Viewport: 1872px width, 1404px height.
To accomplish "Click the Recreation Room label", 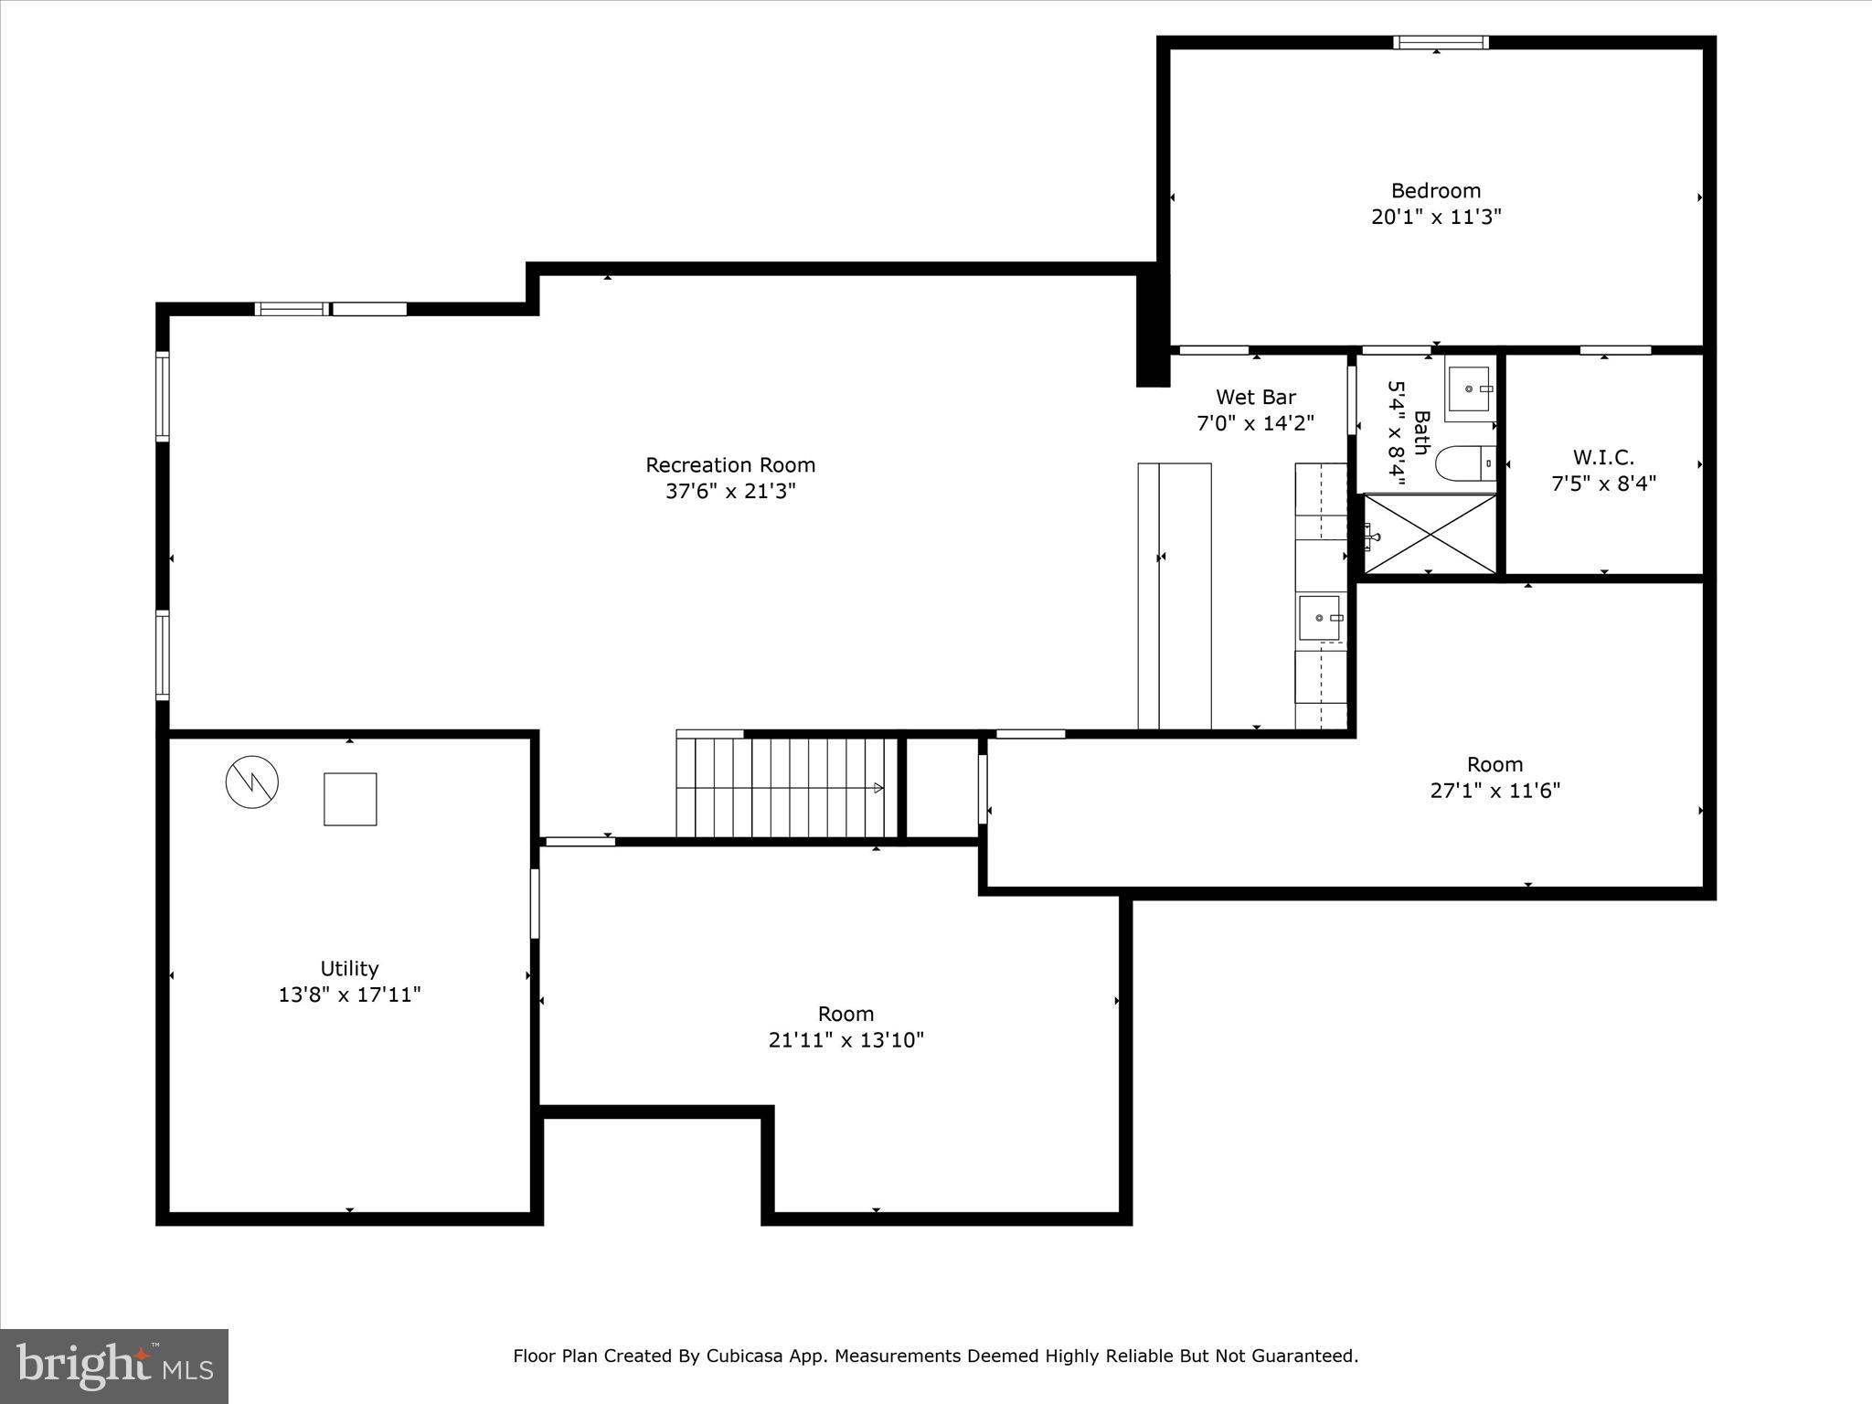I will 730,464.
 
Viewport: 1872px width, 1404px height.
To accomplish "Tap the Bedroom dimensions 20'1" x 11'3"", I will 1436,218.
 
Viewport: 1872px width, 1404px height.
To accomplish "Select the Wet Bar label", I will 1255,397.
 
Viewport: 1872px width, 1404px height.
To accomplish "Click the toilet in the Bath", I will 1464,463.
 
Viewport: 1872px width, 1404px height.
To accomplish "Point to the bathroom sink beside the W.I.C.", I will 1470,388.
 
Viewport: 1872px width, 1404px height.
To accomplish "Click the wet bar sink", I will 1319,618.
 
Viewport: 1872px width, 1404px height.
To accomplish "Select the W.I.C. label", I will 1603,457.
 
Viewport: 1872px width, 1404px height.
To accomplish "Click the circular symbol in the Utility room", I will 252,782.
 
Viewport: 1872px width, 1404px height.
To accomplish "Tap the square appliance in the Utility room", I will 350,799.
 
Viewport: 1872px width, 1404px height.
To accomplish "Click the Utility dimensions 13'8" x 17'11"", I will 349,994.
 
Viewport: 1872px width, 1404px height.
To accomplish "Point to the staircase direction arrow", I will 878,788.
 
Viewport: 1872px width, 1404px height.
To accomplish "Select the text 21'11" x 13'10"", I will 846,1040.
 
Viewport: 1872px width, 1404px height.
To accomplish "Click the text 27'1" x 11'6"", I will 1494,791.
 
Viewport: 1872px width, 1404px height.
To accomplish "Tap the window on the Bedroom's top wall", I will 1441,42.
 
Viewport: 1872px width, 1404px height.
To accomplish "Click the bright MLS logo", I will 114,1366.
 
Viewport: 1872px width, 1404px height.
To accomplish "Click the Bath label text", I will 1421,432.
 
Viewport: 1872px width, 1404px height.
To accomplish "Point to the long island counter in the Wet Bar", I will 1175,595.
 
